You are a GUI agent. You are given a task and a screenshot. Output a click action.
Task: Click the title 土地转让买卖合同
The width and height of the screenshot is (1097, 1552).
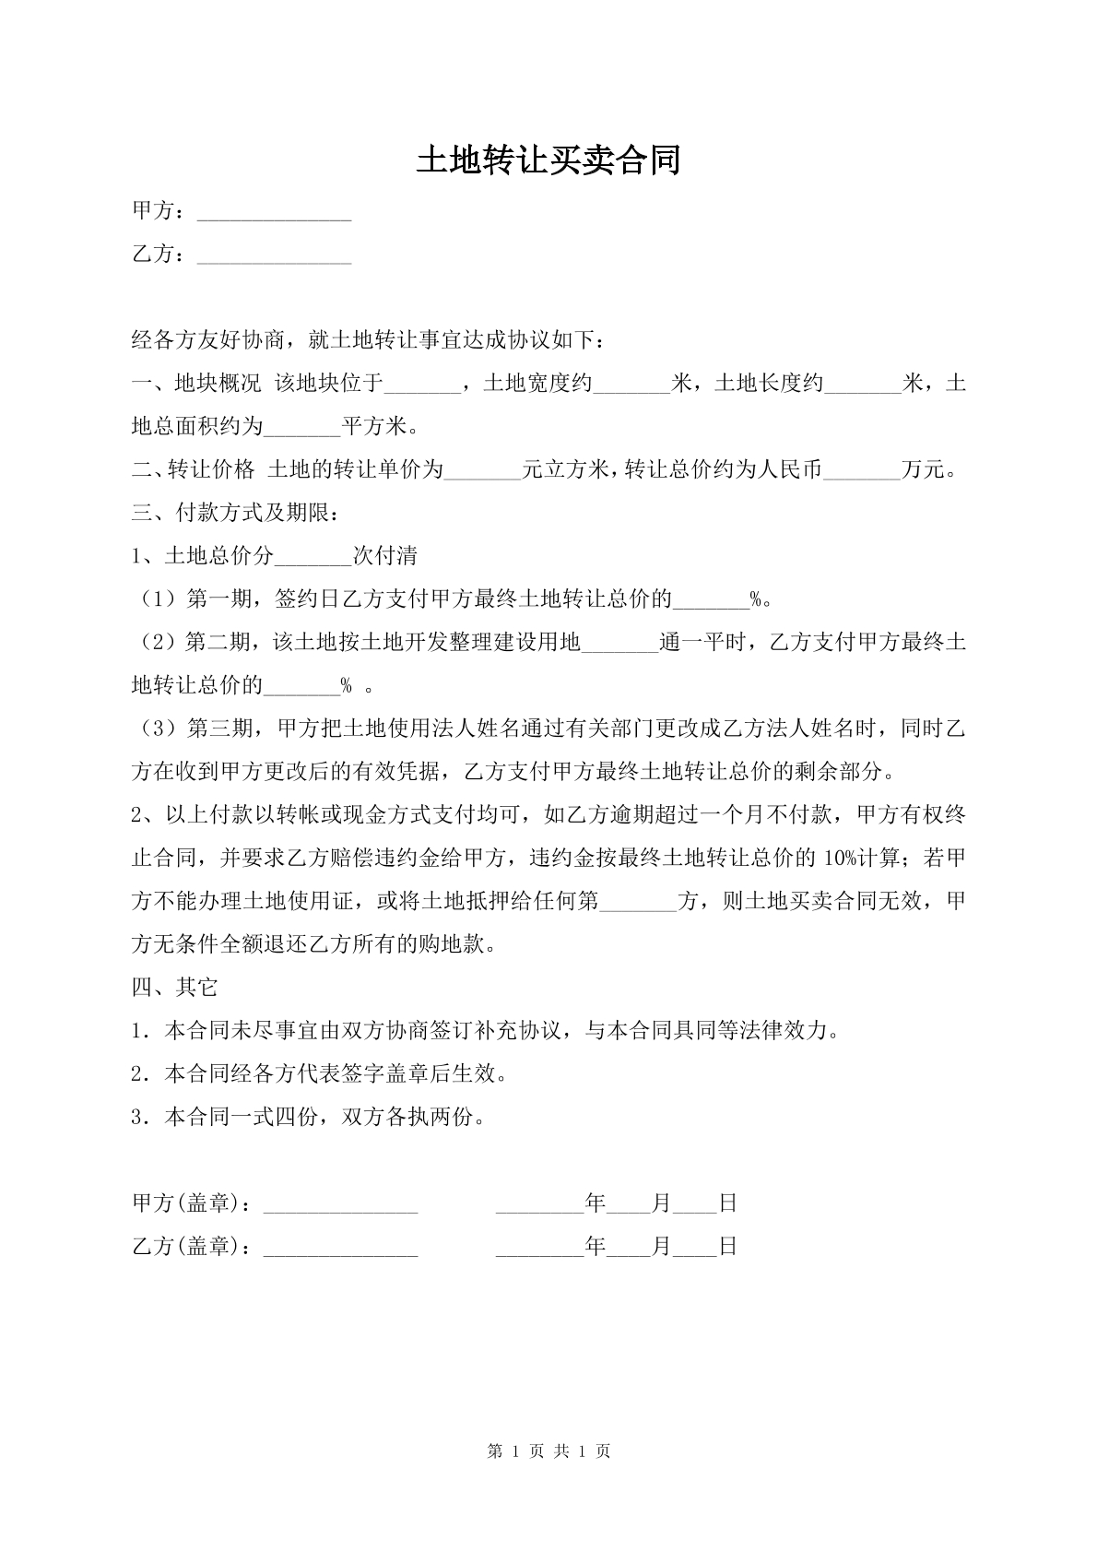click(548, 160)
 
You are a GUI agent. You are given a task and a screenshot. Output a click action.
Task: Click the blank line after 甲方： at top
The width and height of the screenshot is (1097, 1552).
click(274, 214)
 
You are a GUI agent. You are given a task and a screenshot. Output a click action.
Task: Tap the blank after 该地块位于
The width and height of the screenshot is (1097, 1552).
click(421, 385)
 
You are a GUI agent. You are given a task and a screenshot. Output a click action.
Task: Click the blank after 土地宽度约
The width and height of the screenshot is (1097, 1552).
click(631, 385)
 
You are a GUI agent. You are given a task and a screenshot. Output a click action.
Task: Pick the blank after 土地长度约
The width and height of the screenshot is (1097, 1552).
click(864, 385)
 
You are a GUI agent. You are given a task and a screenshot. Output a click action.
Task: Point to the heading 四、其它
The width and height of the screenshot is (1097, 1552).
click(175, 988)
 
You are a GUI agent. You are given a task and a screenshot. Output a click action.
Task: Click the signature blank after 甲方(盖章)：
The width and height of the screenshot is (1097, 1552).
click(341, 1205)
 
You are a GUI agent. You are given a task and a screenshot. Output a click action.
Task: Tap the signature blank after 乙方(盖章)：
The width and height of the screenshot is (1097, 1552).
click(341, 1249)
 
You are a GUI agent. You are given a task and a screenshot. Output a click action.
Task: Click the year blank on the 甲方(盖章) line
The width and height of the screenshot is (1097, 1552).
click(539, 1205)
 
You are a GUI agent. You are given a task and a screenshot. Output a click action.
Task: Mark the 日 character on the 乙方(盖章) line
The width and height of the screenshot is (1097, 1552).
click(727, 1248)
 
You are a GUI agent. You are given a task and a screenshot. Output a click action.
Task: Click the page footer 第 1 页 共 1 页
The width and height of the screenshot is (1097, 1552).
click(548, 1451)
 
